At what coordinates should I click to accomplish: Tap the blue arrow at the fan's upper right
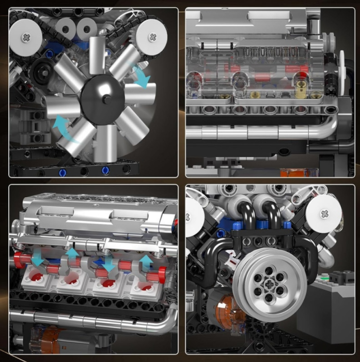coord(140,76)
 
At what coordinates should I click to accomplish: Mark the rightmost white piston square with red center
coord(143,285)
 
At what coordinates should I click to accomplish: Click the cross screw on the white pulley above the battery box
coord(325,212)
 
